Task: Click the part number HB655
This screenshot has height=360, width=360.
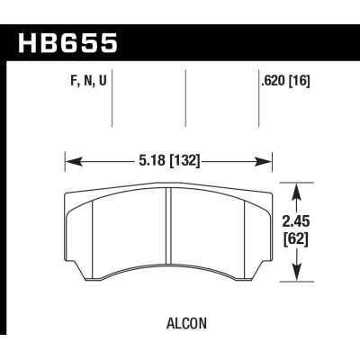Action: click(x=67, y=41)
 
